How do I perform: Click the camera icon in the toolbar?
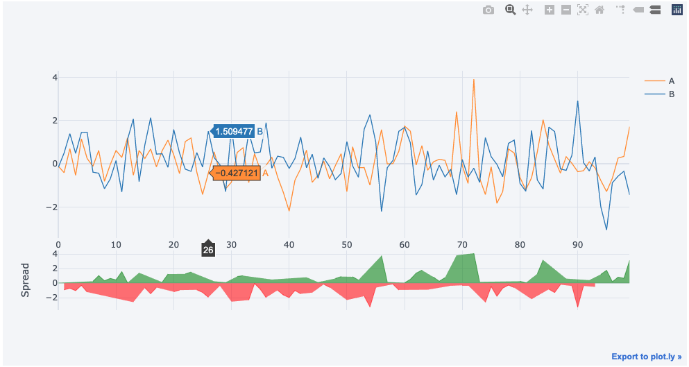488,10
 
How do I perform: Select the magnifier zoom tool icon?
510,10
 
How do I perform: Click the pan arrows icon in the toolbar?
527,10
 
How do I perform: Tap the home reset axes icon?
599,10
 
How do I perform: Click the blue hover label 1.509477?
233,131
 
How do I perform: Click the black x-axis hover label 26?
208,250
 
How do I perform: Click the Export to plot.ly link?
646,357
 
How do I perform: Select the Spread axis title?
26,280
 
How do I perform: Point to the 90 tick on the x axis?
577,245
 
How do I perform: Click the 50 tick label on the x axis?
347,245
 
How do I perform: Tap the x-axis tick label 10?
116,245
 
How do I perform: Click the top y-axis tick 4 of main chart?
53,77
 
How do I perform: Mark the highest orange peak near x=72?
474,79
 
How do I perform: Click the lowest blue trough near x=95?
606,230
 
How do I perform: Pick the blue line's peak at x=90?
577,101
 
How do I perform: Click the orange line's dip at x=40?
289,211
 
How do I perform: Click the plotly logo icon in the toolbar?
677,10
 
